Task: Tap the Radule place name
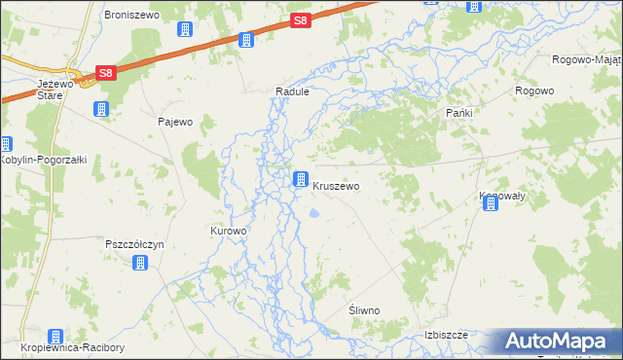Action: click(292, 91)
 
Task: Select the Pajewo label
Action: click(175, 122)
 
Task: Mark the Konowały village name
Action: click(502, 196)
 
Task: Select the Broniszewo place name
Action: click(130, 17)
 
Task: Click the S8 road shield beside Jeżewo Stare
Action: click(105, 73)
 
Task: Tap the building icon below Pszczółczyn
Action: click(140, 263)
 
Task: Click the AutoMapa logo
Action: click(556, 342)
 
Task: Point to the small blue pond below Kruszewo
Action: click(313, 213)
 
